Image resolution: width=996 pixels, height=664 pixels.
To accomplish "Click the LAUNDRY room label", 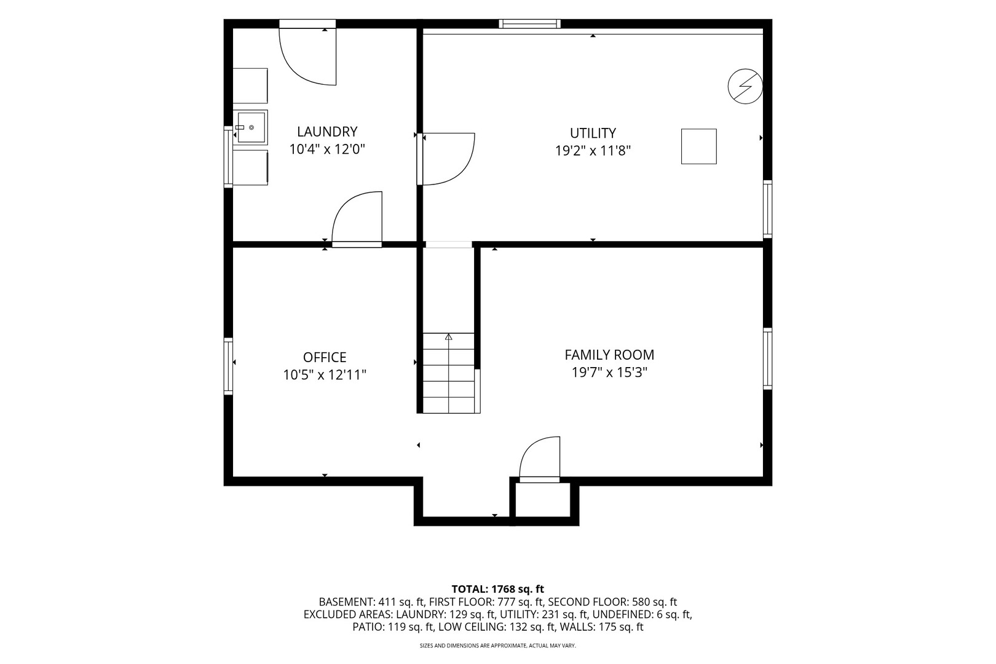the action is [x=327, y=132].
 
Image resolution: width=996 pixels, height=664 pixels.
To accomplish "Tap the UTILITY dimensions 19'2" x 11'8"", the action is [x=593, y=151].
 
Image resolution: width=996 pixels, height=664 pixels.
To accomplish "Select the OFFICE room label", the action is [x=325, y=357].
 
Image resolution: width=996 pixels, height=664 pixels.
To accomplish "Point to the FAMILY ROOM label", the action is [x=609, y=355].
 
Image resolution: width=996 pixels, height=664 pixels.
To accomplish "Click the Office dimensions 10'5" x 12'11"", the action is [x=325, y=375].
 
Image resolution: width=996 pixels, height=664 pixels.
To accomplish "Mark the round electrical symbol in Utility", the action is [x=745, y=86].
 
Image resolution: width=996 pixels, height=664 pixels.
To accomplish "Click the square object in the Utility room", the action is [x=698, y=146].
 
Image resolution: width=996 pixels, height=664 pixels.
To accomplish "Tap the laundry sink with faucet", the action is [x=251, y=127].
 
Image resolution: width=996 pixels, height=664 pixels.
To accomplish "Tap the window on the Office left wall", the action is [x=227, y=366].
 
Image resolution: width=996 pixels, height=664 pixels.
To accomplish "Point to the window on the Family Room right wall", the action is [x=767, y=358].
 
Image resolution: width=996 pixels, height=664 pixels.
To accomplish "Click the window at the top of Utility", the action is [x=529, y=23].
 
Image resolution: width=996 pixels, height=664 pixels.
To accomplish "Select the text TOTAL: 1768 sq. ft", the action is [x=497, y=589].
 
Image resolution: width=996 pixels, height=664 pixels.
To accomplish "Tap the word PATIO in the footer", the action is [x=367, y=627].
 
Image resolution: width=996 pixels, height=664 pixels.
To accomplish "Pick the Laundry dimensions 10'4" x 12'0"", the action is [x=327, y=149].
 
